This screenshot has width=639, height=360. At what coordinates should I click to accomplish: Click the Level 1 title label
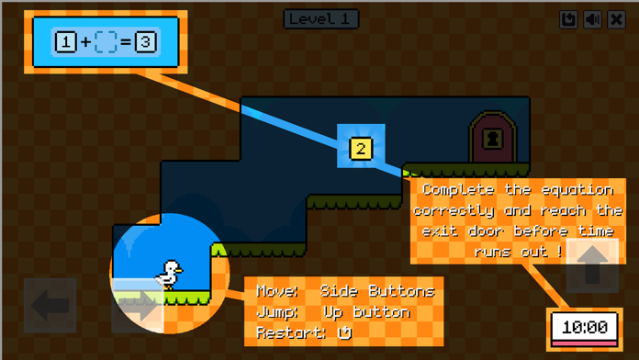tap(320, 18)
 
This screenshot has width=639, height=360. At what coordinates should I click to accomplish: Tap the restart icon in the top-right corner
tap(569, 19)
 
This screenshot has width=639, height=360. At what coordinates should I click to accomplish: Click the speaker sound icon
tap(593, 19)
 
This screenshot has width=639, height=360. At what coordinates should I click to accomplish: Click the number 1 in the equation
tap(65, 41)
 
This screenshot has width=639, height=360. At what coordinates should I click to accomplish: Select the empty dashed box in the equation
tap(106, 41)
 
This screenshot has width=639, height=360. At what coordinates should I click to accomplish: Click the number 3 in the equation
tap(146, 41)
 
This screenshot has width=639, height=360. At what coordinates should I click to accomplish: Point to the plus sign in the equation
tap(85, 41)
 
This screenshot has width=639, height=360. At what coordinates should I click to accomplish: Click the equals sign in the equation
tap(126, 41)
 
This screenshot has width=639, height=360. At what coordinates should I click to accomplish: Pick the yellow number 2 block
tap(361, 148)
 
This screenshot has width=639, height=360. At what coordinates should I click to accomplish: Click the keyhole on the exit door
tap(494, 139)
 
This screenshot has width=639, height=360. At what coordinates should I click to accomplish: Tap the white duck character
tap(169, 274)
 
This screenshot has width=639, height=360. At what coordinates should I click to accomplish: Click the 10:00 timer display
tap(585, 327)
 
